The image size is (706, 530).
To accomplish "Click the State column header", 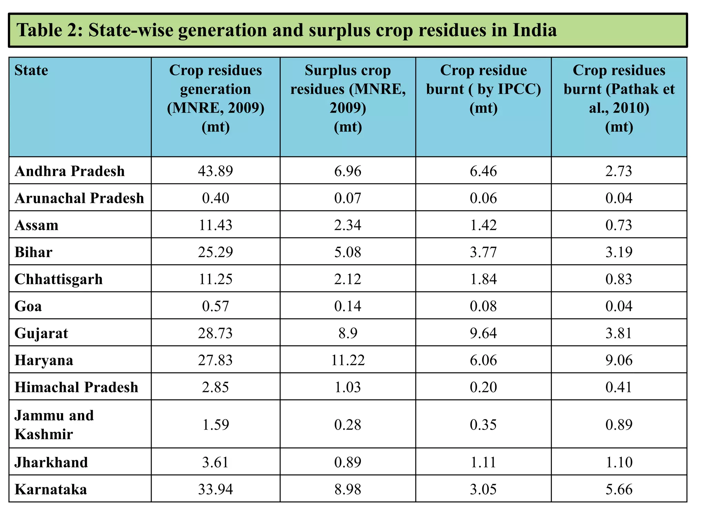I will pyautogui.click(x=31, y=70).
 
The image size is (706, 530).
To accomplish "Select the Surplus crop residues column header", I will pyautogui.click(x=347, y=98).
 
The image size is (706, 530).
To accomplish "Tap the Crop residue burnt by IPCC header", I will pyautogui.click(x=483, y=89).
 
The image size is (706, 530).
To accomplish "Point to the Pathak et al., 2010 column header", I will pyautogui.click(x=619, y=98).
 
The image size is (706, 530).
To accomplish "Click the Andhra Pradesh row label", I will pyautogui.click(x=70, y=171).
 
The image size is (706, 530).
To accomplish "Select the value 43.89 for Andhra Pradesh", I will pyautogui.click(x=215, y=171).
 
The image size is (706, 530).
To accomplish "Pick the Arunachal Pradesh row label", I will pyautogui.click(x=79, y=198).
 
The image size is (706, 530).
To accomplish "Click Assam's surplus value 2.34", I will pyautogui.click(x=347, y=225).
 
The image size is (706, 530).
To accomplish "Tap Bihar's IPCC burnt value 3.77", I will pyautogui.click(x=483, y=252).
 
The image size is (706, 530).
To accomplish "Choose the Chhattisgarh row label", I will pyautogui.click(x=59, y=279).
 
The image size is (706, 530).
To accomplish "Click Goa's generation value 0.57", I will pyautogui.click(x=215, y=306).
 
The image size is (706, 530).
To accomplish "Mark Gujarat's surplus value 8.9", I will pyautogui.click(x=347, y=333).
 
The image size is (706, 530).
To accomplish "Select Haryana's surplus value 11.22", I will pyautogui.click(x=347, y=360).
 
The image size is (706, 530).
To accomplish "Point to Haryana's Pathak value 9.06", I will pyautogui.click(x=619, y=360).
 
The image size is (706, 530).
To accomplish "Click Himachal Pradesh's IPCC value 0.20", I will pyautogui.click(x=483, y=387).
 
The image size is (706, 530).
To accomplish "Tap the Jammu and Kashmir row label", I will pyautogui.click(x=54, y=424).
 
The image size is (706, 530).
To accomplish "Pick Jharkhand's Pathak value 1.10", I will pyautogui.click(x=619, y=462).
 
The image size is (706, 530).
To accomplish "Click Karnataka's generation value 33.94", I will pyautogui.click(x=215, y=489).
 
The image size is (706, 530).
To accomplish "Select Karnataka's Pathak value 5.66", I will pyautogui.click(x=619, y=489).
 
